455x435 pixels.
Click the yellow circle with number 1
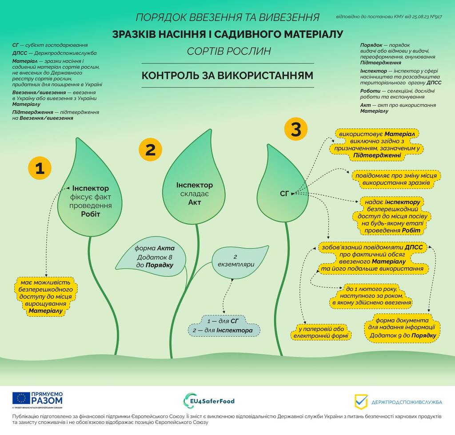pos(40,168)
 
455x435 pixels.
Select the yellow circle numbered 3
pos(296,130)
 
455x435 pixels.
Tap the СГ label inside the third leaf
pos(285,193)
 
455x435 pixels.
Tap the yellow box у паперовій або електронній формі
pos(321,332)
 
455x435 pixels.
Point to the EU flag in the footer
pos(21,398)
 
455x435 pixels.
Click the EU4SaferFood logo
pos(209,401)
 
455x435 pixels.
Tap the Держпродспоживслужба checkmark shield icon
pos(361,401)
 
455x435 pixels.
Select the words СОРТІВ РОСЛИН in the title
pos(228,51)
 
